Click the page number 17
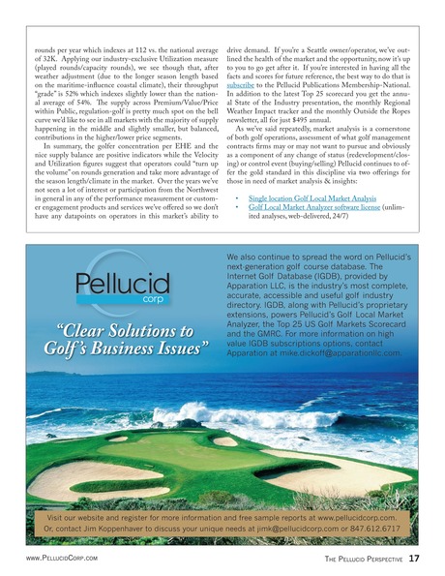pos(413,558)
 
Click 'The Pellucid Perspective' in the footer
pos(357,559)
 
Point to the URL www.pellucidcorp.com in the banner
pos(358,517)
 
